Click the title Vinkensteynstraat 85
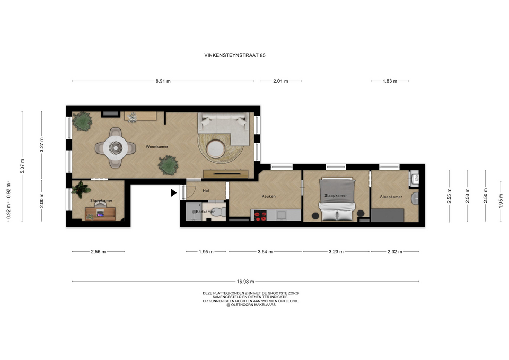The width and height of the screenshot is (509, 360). (x=235, y=55)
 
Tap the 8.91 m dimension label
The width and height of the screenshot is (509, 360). (x=163, y=81)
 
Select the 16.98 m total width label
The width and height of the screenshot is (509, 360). (x=245, y=282)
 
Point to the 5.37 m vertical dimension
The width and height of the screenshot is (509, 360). (x=22, y=166)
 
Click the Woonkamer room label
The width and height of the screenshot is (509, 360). (x=157, y=147)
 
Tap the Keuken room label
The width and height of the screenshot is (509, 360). (x=268, y=196)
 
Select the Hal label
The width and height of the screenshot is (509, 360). (x=206, y=190)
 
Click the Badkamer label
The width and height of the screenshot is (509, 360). (x=205, y=212)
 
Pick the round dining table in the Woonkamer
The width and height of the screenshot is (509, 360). (x=115, y=147)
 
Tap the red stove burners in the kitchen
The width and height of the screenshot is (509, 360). (x=260, y=216)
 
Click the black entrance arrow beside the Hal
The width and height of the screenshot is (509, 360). (x=174, y=193)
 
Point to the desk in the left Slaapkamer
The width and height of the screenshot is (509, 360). (x=100, y=213)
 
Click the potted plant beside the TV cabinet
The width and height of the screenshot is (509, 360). (x=168, y=165)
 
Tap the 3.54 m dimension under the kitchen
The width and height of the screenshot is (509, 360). (x=265, y=252)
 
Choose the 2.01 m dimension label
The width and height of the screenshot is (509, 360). (x=280, y=81)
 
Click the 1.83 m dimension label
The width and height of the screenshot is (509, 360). (x=390, y=81)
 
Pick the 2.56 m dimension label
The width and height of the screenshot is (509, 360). (x=98, y=252)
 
